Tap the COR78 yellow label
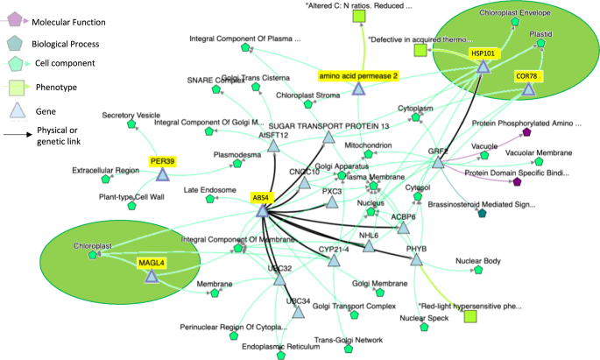click(x=526, y=77)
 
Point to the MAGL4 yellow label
click(x=152, y=262)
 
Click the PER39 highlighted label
click(x=162, y=161)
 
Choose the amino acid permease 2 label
click(x=358, y=76)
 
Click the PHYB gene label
click(x=417, y=248)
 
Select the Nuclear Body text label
click(x=478, y=261)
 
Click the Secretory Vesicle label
click(x=131, y=115)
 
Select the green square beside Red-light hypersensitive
click(x=470, y=314)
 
